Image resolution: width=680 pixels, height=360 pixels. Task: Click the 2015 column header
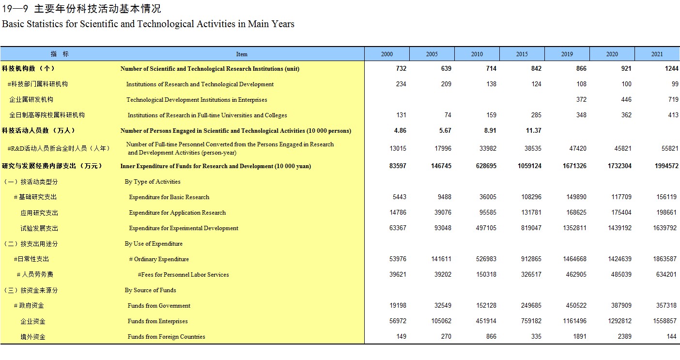click(x=522, y=54)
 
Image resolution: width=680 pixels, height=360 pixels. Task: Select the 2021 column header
click(x=657, y=54)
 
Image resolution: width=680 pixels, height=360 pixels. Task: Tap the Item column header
click(x=242, y=54)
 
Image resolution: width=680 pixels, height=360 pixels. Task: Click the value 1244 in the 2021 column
click(x=671, y=69)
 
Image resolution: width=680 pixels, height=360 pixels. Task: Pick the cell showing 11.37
click(x=534, y=131)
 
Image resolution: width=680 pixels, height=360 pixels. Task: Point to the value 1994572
click(x=666, y=166)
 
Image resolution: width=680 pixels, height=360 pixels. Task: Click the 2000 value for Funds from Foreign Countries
click(x=401, y=336)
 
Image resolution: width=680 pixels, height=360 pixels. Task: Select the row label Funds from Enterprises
click(x=157, y=321)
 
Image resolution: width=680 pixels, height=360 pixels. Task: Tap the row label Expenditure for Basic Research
click(x=169, y=197)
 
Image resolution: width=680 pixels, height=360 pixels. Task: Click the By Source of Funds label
click(x=150, y=290)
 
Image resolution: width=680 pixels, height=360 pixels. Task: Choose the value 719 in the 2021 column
click(x=673, y=100)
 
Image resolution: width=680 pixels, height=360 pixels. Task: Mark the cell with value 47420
click(x=578, y=149)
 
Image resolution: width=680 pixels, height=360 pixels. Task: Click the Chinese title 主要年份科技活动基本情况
click(x=97, y=9)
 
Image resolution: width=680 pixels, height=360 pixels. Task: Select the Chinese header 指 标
click(x=60, y=54)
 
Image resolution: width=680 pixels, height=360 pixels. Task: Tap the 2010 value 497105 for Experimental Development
click(x=486, y=228)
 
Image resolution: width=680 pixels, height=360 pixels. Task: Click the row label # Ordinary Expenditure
click(x=159, y=259)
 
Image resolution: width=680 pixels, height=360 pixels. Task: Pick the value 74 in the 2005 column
click(x=448, y=115)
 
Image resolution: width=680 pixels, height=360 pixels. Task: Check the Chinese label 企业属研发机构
click(x=31, y=100)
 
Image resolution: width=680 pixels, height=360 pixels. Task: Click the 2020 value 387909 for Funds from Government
click(x=621, y=305)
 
